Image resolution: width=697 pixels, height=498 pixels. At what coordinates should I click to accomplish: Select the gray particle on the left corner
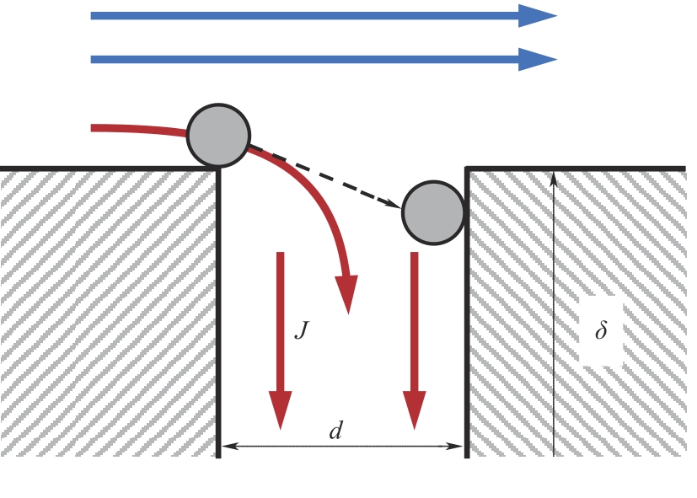pos(218,136)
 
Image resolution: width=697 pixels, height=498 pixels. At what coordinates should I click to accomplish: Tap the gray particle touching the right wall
pos(433,212)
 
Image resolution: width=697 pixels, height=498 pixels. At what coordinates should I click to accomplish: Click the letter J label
pos(302,330)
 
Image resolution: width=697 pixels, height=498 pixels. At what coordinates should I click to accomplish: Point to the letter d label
pos(336,431)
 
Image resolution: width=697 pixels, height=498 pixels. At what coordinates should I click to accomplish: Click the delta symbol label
pos(601,329)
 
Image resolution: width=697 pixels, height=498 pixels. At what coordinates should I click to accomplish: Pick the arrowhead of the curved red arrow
pos(347,294)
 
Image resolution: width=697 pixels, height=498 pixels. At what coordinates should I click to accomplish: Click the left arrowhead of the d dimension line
pos(230,446)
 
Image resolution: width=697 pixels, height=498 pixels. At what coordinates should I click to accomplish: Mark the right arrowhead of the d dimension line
pos(454,446)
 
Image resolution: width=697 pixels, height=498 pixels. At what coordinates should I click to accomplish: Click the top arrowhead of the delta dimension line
pos(554,179)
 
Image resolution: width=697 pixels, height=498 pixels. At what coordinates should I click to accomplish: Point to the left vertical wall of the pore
pos(218,313)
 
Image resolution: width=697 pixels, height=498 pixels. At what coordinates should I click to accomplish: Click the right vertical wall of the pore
pos(467,313)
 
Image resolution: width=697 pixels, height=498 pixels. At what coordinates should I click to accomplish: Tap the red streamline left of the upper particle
pos(139,130)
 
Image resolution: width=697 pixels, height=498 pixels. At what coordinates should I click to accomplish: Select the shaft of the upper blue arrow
pos(305,16)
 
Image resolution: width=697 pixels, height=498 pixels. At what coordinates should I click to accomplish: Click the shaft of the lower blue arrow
pos(305,60)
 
